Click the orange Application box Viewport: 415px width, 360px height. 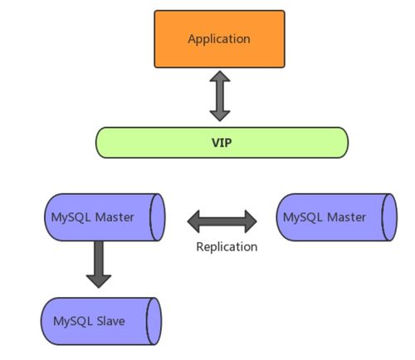(219, 39)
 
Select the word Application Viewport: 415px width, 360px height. (219, 39)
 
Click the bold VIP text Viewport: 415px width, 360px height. (222, 142)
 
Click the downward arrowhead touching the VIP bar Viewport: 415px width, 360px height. (220, 116)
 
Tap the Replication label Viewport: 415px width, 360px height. (227, 246)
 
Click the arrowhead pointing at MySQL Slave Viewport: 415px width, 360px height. (99, 279)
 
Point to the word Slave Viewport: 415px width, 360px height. (108, 319)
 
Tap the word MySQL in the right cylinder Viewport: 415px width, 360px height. (301, 217)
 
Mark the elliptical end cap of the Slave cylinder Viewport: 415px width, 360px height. (154, 319)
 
